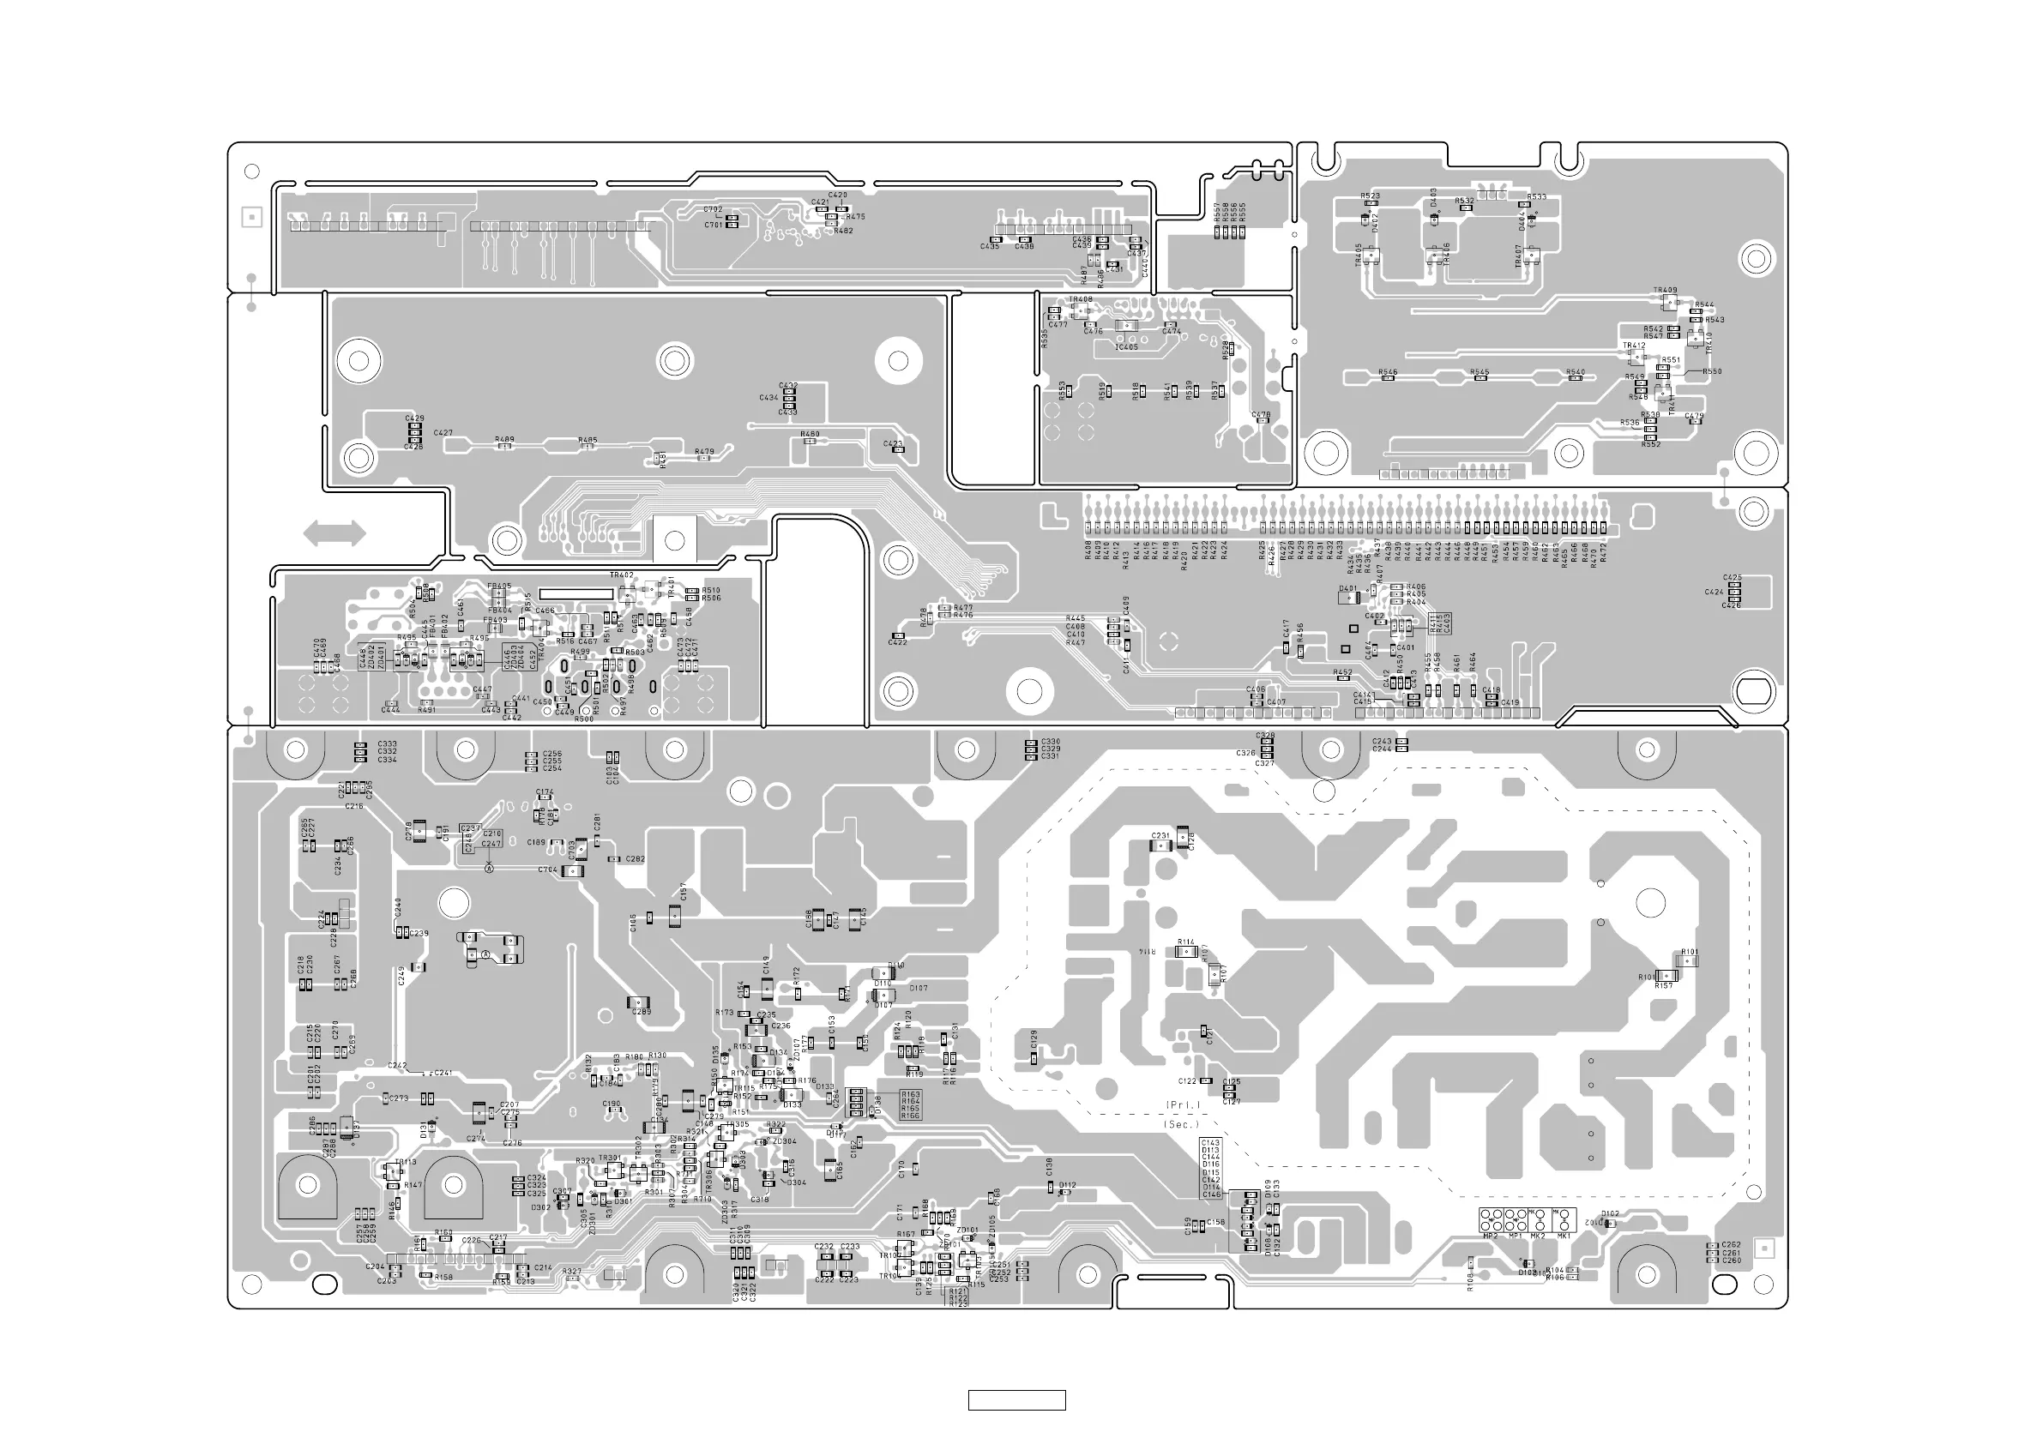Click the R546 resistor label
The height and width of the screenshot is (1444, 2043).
pyautogui.click(x=1387, y=371)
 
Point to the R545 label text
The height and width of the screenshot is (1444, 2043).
pyautogui.click(x=1480, y=371)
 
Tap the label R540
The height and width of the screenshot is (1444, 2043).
pyautogui.click(x=1575, y=371)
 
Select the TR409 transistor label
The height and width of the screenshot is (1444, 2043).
pyautogui.click(x=1665, y=290)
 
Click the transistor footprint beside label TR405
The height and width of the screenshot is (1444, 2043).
pyautogui.click(x=1371, y=256)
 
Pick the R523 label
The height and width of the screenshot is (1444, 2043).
pyautogui.click(x=1371, y=196)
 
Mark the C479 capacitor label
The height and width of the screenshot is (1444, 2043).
pyautogui.click(x=1694, y=416)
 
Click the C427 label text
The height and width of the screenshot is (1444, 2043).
pyautogui.click(x=443, y=433)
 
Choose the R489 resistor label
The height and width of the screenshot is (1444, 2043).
pyautogui.click(x=504, y=440)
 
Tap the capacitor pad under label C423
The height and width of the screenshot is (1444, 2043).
pyautogui.click(x=898, y=450)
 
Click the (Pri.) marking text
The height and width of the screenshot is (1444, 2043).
pyautogui.click(x=1184, y=1105)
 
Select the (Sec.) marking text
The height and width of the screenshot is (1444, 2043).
pyautogui.click(x=1182, y=1125)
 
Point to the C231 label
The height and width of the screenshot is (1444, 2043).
pyautogui.click(x=1160, y=835)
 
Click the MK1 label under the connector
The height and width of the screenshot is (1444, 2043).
pyautogui.click(x=1564, y=1236)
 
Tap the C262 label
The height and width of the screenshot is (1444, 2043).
pyautogui.click(x=1731, y=1245)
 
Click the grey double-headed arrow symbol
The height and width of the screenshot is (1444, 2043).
pyautogui.click(x=334, y=533)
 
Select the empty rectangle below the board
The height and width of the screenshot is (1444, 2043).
pyautogui.click(x=1016, y=1399)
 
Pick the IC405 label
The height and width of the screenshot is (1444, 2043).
pyautogui.click(x=1126, y=347)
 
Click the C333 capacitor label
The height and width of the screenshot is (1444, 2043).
pyautogui.click(x=387, y=743)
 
